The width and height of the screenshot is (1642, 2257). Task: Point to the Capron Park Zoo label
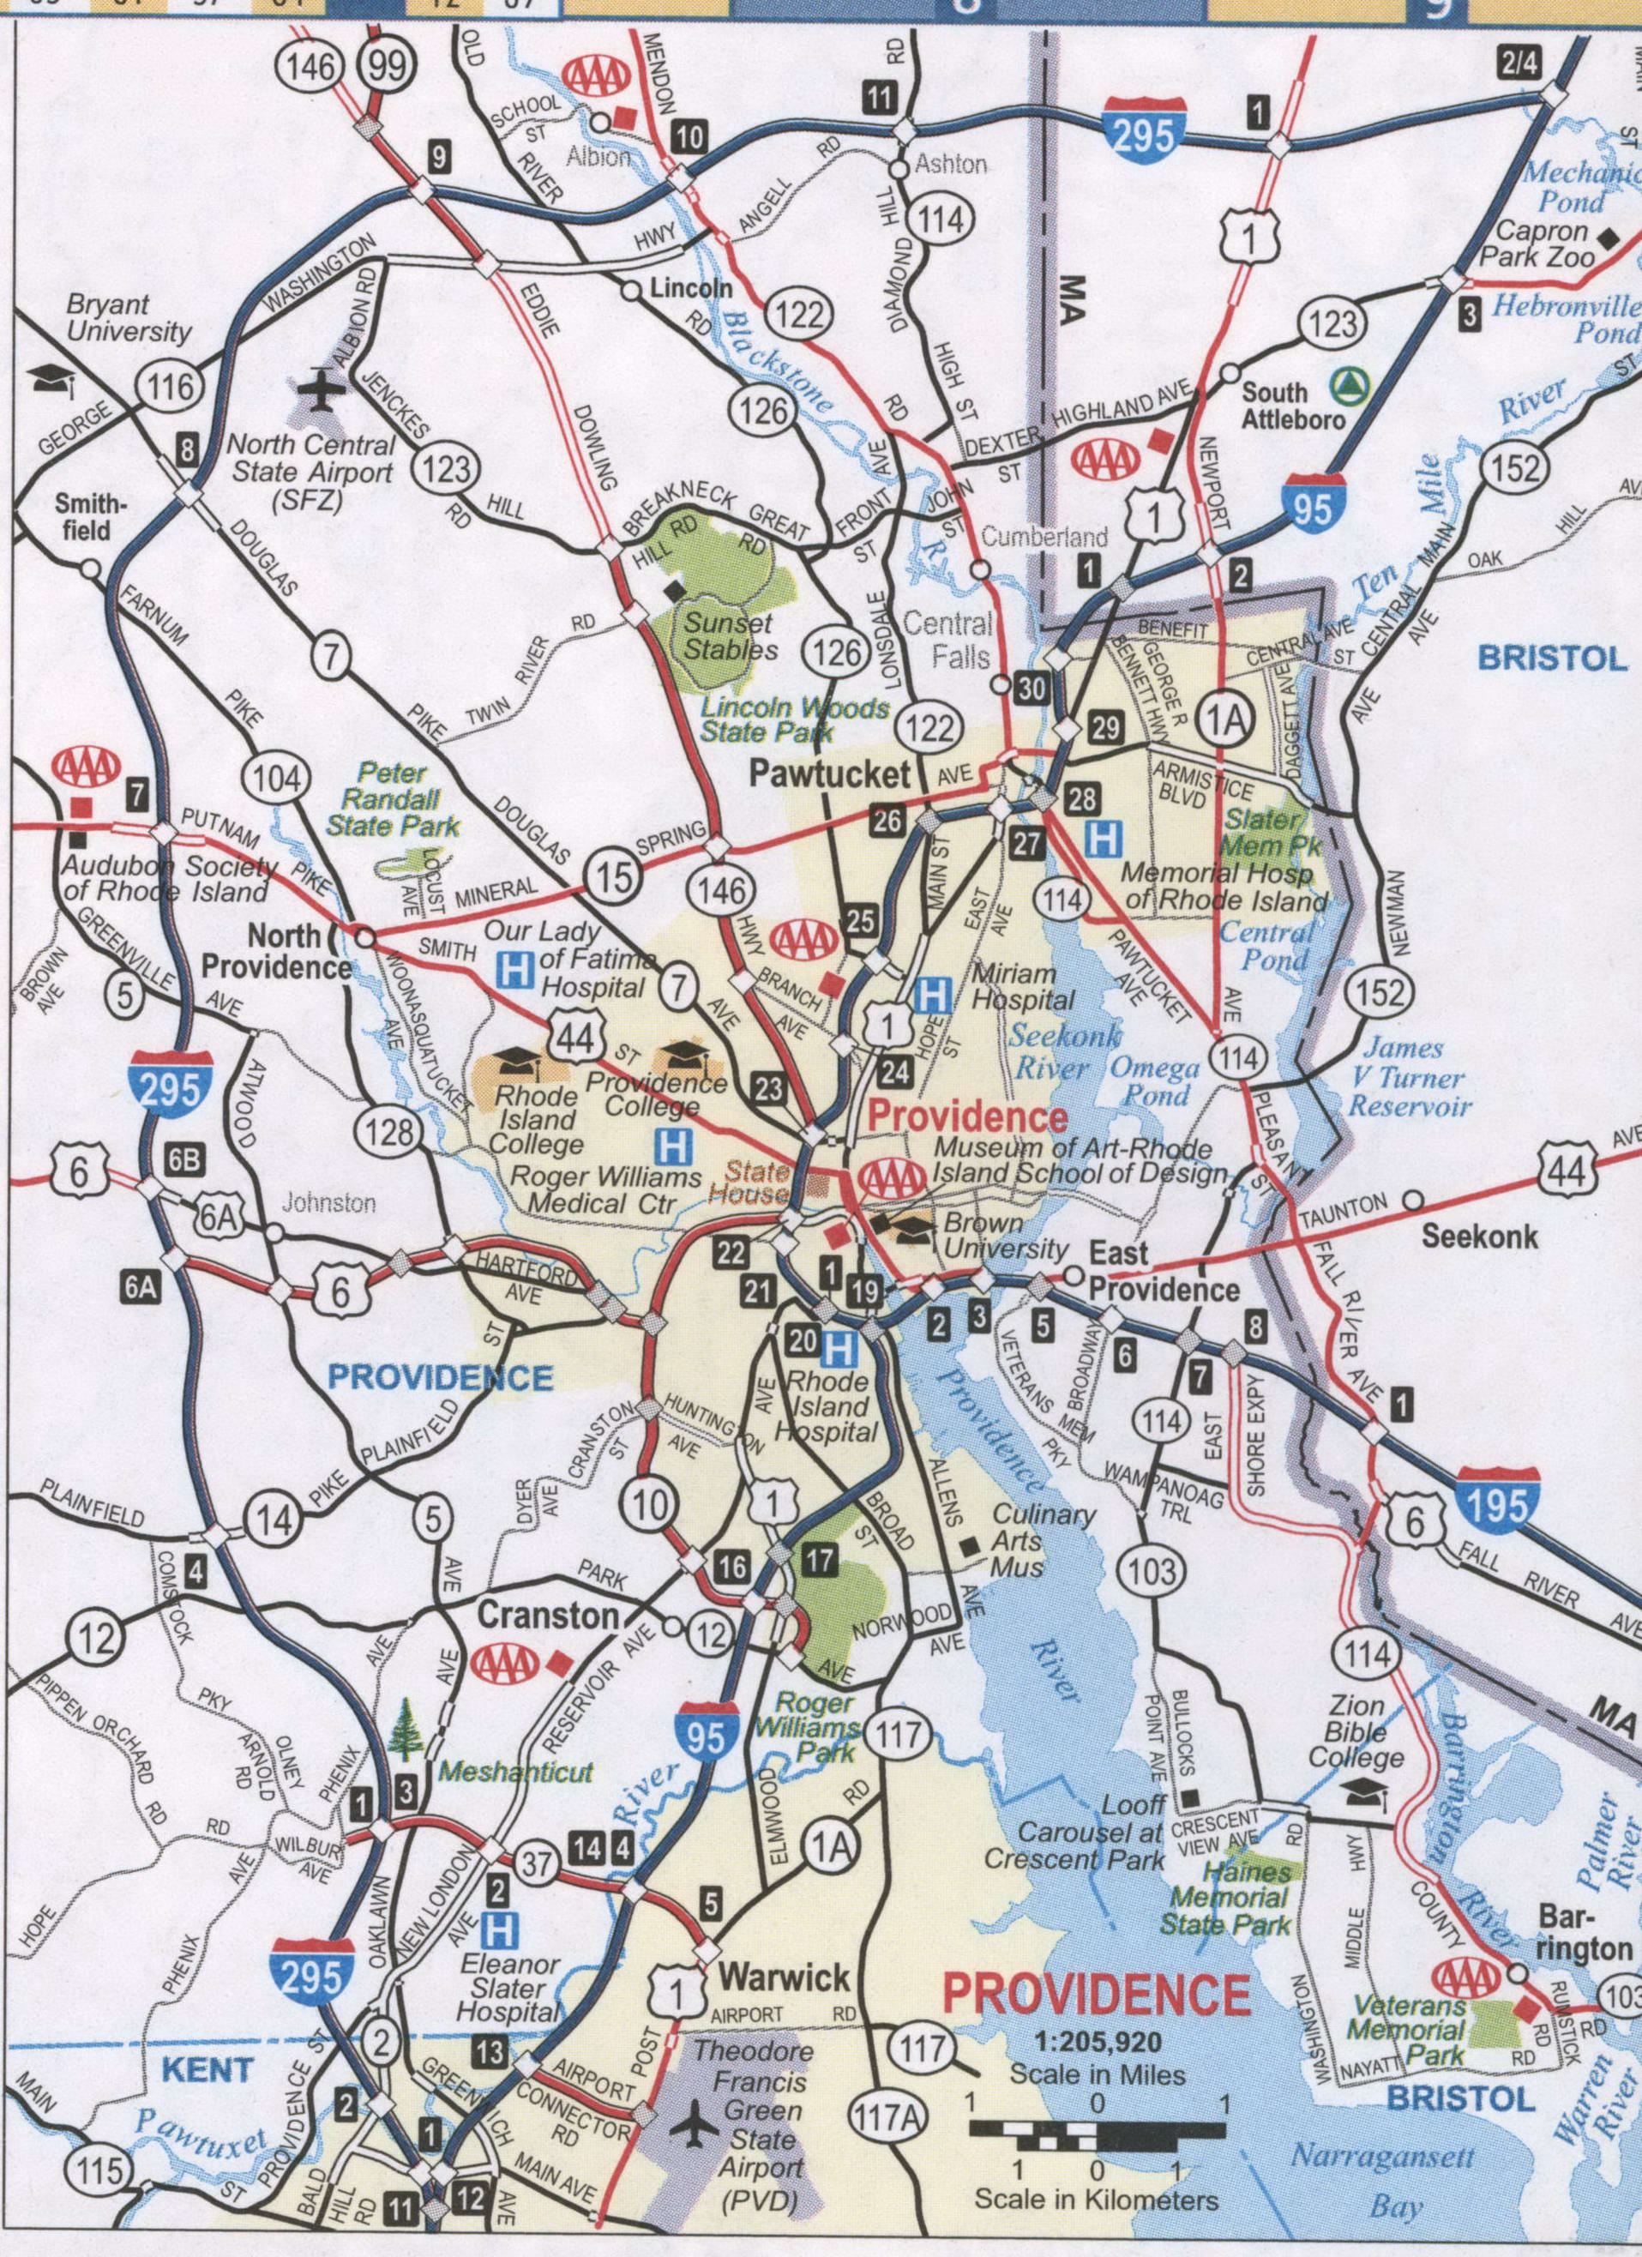click(x=1536, y=244)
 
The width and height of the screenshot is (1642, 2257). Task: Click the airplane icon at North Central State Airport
click(x=322, y=388)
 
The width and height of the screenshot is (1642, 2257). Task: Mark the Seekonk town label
click(x=1479, y=1237)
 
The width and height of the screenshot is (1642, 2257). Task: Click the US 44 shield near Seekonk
click(x=1568, y=1171)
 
